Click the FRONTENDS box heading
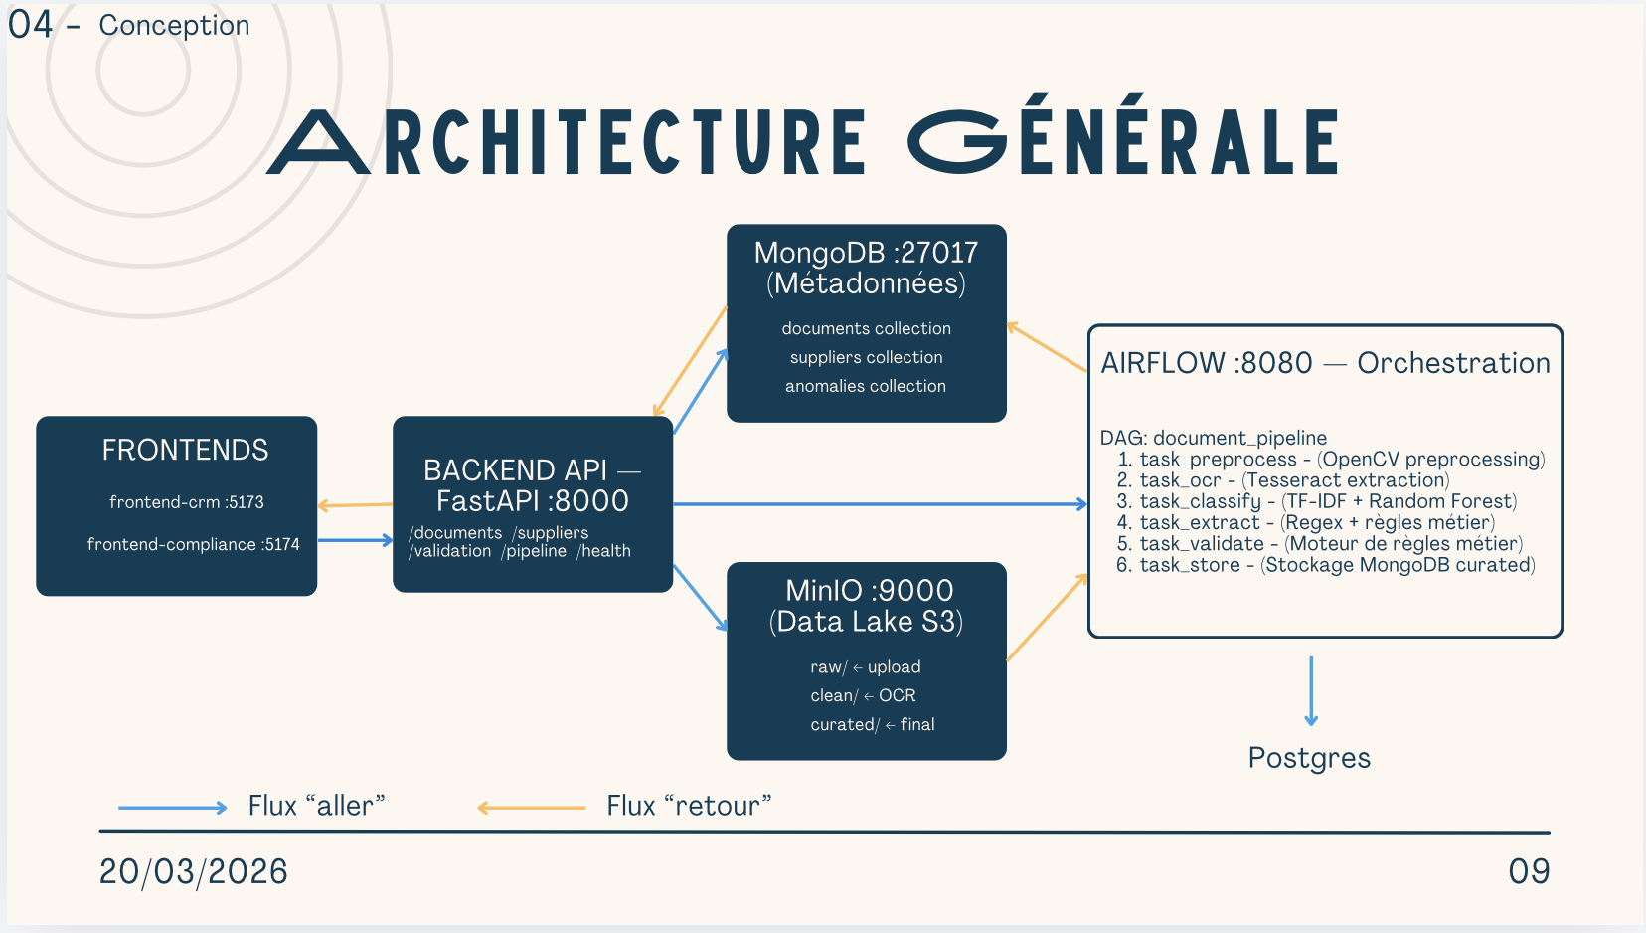coord(185,451)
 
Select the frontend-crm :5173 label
coord(187,502)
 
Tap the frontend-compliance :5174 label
coord(193,544)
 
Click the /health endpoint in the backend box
coord(603,551)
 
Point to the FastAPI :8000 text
coord(532,500)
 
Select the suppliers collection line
coord(866,357)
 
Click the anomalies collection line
coord(866,386)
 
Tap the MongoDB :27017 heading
coord(866,253)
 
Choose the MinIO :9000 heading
coord(869,591)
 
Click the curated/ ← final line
coord(872,724)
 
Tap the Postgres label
coord(1309,758)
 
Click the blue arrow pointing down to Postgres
coord(1311,690)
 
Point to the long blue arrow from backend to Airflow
coord(880,504)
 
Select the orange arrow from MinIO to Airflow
coord(1047,618)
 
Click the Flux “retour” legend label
coord(689,806)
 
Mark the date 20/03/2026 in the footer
coord(194,872)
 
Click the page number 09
coord(1529,872)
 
